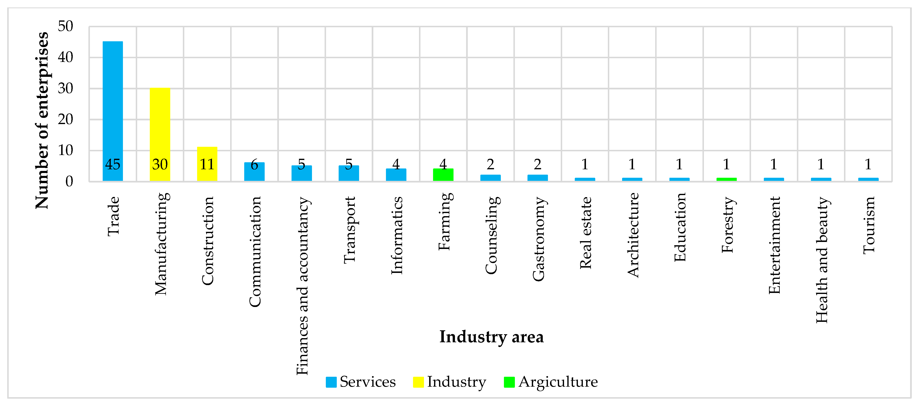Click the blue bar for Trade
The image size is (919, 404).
coord(113,107)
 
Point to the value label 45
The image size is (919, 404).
coord(113,164)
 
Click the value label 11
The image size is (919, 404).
coord(207,164)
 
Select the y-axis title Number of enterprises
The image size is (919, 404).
coord(42,120)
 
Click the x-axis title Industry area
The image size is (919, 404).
coord(491,337)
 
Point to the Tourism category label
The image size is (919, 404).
coord(869,225)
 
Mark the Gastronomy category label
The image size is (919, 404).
coord(538,239)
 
